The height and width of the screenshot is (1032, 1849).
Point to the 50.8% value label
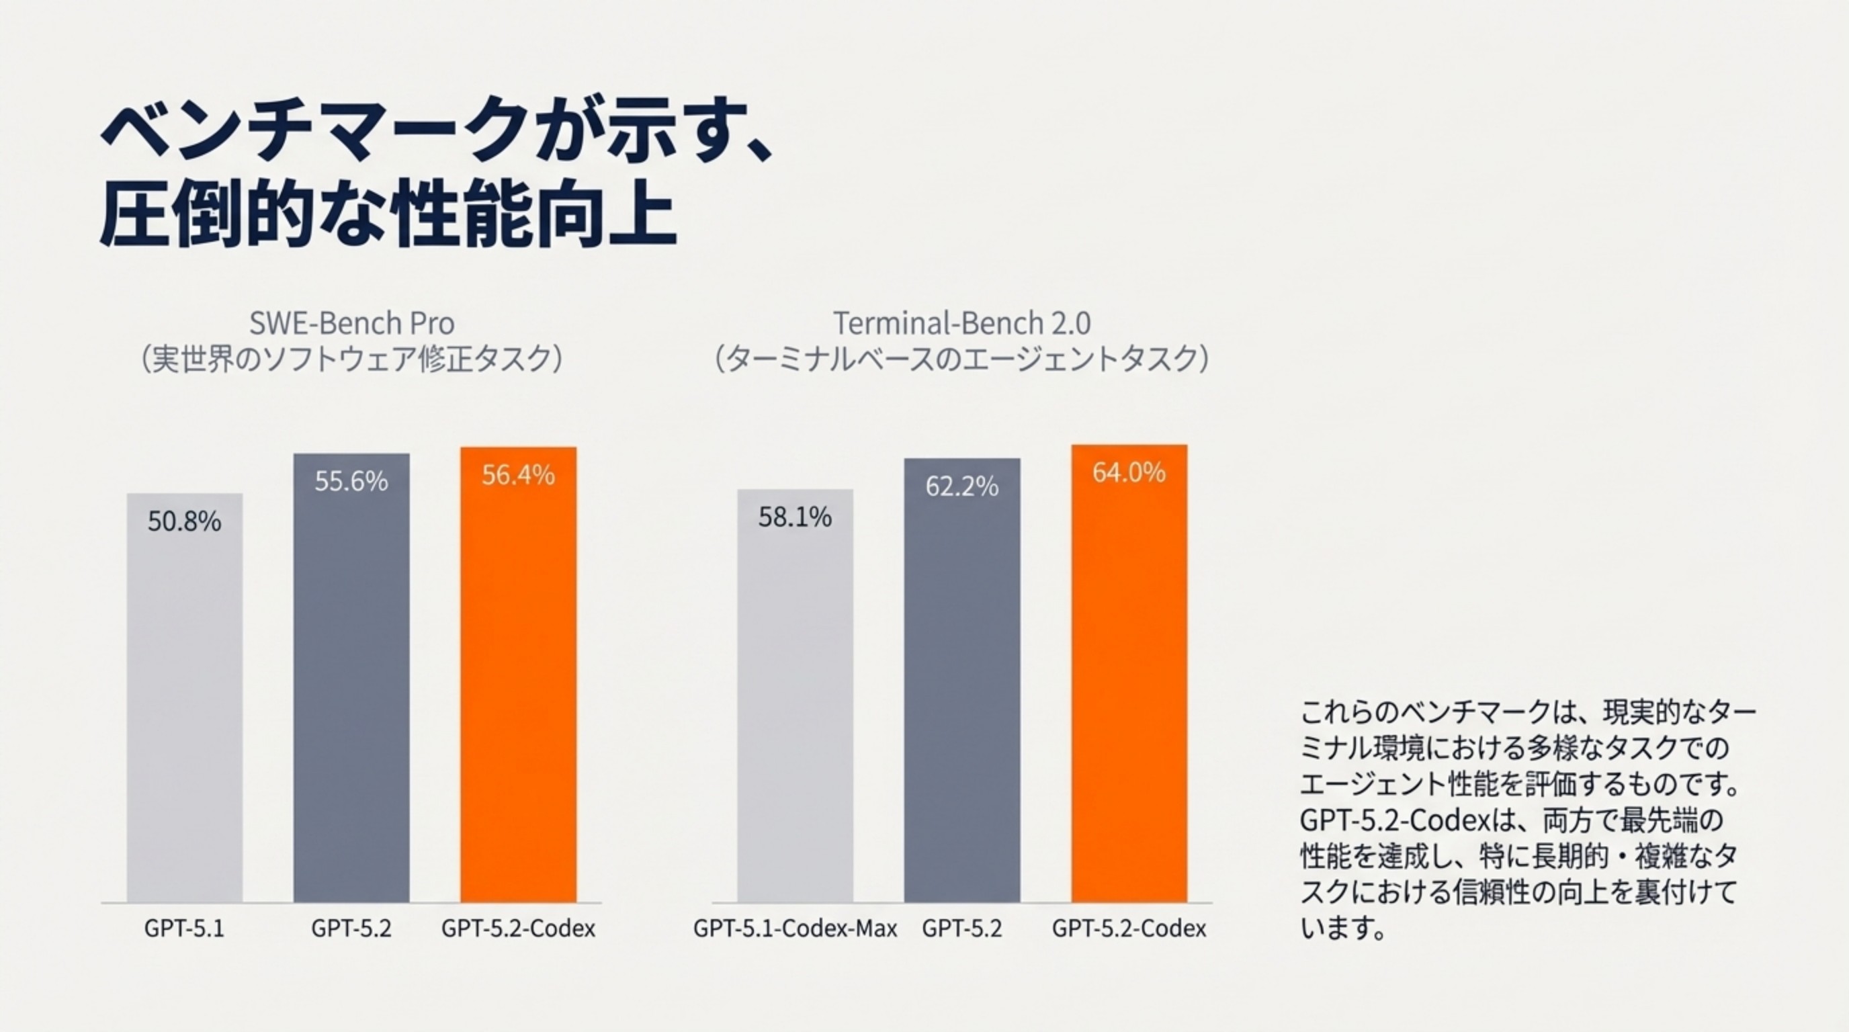185,522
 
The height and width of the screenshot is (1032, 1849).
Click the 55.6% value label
351,481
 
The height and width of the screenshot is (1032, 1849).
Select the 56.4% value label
518,475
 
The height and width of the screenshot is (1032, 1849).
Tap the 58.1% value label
795,517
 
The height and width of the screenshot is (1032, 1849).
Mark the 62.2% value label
962,486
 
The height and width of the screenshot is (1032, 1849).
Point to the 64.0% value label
1129,472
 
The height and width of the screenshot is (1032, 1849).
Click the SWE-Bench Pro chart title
351,324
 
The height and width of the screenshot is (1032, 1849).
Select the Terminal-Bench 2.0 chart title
962,324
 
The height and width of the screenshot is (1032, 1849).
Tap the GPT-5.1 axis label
185,929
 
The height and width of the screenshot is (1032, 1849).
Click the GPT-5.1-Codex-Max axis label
795,929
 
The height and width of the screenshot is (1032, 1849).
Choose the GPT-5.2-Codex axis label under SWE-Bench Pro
518,929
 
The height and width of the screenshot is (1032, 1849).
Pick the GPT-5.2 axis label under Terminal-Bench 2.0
962,929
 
